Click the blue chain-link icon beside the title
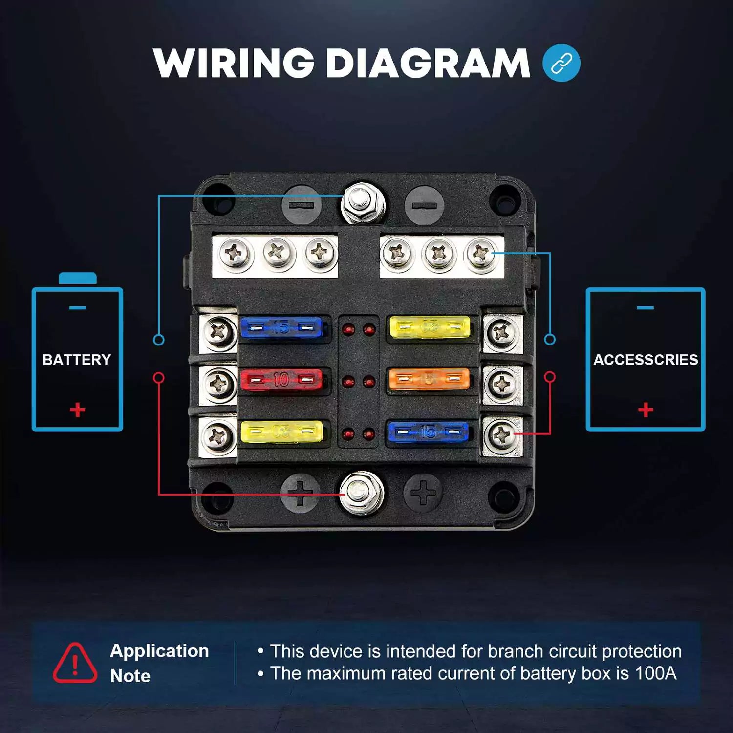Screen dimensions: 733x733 tap(561, 63)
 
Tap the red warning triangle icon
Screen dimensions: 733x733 tap(75, 663)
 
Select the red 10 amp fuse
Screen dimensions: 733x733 tap(281, 379)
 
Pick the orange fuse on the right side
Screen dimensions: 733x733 tap(429, 379)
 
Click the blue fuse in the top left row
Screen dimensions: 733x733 tap(281, 327)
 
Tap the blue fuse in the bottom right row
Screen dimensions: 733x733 tap(428, 432)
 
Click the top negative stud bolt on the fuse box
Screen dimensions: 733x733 tap(362, 203)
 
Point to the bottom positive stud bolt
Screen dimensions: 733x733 tap(362, 493)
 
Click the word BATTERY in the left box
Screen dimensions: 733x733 tap(77, 360)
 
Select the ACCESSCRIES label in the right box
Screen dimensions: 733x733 tap(646, 360)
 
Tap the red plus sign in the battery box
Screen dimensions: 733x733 tap(77, 410)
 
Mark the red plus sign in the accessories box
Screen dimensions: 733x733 tap(646, 410)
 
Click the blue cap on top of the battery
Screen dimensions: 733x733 tap(77, 279)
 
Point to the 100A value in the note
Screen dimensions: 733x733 tap(655, 673)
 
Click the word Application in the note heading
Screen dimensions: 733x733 tap(159, 651)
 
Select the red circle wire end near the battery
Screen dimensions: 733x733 tap(159, 378)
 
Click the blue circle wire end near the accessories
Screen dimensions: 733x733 tap(550, 339)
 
